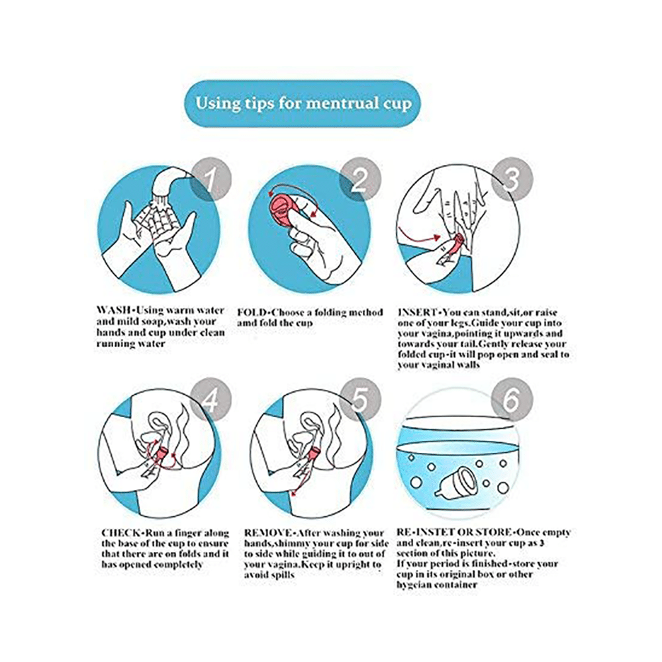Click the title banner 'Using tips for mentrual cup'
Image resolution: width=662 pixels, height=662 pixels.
point(303,103)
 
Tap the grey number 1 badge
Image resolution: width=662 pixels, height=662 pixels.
point(211,179)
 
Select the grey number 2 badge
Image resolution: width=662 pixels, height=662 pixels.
point(360,179)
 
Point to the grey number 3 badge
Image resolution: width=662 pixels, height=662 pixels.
point(512,179)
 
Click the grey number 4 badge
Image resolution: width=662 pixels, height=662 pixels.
point(211,399)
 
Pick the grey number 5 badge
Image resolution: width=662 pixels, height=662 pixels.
point(360,399)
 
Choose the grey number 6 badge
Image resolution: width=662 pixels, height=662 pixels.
point(512,399)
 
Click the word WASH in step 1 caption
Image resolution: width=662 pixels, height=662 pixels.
point(113,310)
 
